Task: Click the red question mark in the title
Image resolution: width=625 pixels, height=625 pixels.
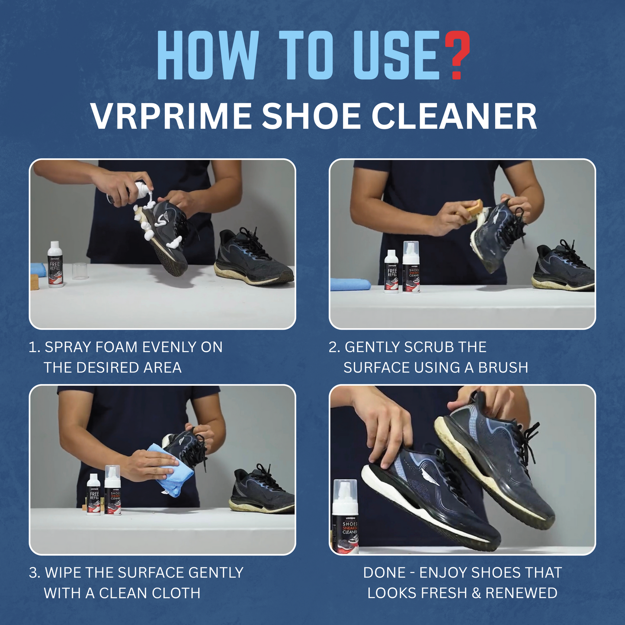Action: click(457, 55)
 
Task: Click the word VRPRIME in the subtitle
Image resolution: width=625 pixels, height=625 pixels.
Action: click(171, 116)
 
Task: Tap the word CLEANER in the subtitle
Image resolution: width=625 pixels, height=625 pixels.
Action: click(454, 116)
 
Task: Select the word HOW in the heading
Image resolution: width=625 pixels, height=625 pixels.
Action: click(208, 55)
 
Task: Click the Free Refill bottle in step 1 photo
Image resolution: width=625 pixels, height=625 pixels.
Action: click(55, 265)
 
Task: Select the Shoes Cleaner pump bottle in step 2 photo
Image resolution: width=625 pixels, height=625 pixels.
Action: click(411, 268)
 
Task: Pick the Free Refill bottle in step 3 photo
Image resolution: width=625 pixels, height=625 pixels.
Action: click(94, 494)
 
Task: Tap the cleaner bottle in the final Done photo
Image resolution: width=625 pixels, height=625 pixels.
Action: click(345, 517)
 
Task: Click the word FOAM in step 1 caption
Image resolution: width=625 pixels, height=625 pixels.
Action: click(116, 347)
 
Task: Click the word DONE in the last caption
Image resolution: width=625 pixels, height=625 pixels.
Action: click(384, 573)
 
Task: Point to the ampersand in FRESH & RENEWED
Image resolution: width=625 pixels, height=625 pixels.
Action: click(476, 593)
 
